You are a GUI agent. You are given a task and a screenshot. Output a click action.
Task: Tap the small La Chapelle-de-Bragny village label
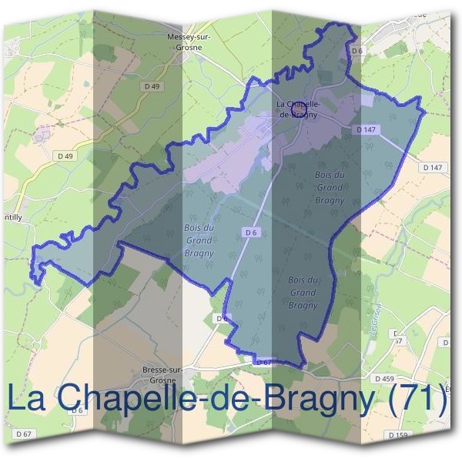click(x=296, y=109)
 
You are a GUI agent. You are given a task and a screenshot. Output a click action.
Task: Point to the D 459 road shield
click(x=384, y=379)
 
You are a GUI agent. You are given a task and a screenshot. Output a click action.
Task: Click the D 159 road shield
click(x=399, y=435)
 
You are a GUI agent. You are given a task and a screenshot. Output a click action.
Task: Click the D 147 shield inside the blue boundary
click(x=366, y=130)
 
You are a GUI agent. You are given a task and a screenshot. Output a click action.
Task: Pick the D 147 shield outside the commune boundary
click(x=433, y=167)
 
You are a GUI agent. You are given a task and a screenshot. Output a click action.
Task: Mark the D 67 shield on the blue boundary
click(x=263, y=361)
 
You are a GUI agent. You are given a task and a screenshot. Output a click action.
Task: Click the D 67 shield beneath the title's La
click(x=23, y=435)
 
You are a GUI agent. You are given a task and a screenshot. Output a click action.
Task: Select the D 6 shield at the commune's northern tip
click(x=356, y=51)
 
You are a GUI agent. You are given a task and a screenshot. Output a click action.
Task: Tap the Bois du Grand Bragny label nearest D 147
click(x=330, y=187)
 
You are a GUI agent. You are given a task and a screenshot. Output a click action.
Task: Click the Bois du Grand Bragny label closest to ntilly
click(x=199, y=240)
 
